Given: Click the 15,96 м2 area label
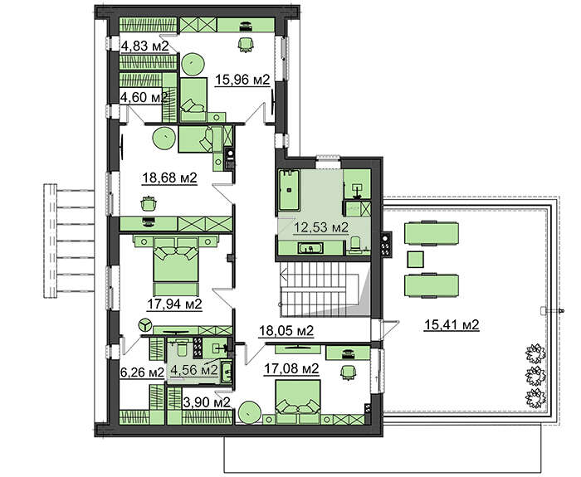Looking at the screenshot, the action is tap(242, 80).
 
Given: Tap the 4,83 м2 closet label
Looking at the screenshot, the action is tap(145, 46).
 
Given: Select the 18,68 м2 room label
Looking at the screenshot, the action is tap(169, 178).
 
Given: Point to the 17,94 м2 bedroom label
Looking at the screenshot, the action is tap(174, 304).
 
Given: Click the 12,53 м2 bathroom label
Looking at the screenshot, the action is tap(321, 227).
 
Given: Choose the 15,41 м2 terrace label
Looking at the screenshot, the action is tap(452, 325).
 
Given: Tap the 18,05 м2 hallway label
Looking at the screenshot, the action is tap(286, 330).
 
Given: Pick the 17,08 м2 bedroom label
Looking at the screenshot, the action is tap(291, 368).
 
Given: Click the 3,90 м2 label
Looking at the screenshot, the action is tap(207, 402).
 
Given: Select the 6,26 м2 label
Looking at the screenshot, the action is tap(142, 372).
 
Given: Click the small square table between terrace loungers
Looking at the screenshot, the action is tap(415, 259).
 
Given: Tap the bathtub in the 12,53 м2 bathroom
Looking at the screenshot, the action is tap(289, 190).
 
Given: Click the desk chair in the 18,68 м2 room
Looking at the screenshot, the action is tap(149, 203).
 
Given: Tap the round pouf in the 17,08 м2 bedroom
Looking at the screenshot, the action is tap(249, 411).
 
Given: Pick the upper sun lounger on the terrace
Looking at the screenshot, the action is tap(432, 233).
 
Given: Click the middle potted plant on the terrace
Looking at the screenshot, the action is tap(536, 376).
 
